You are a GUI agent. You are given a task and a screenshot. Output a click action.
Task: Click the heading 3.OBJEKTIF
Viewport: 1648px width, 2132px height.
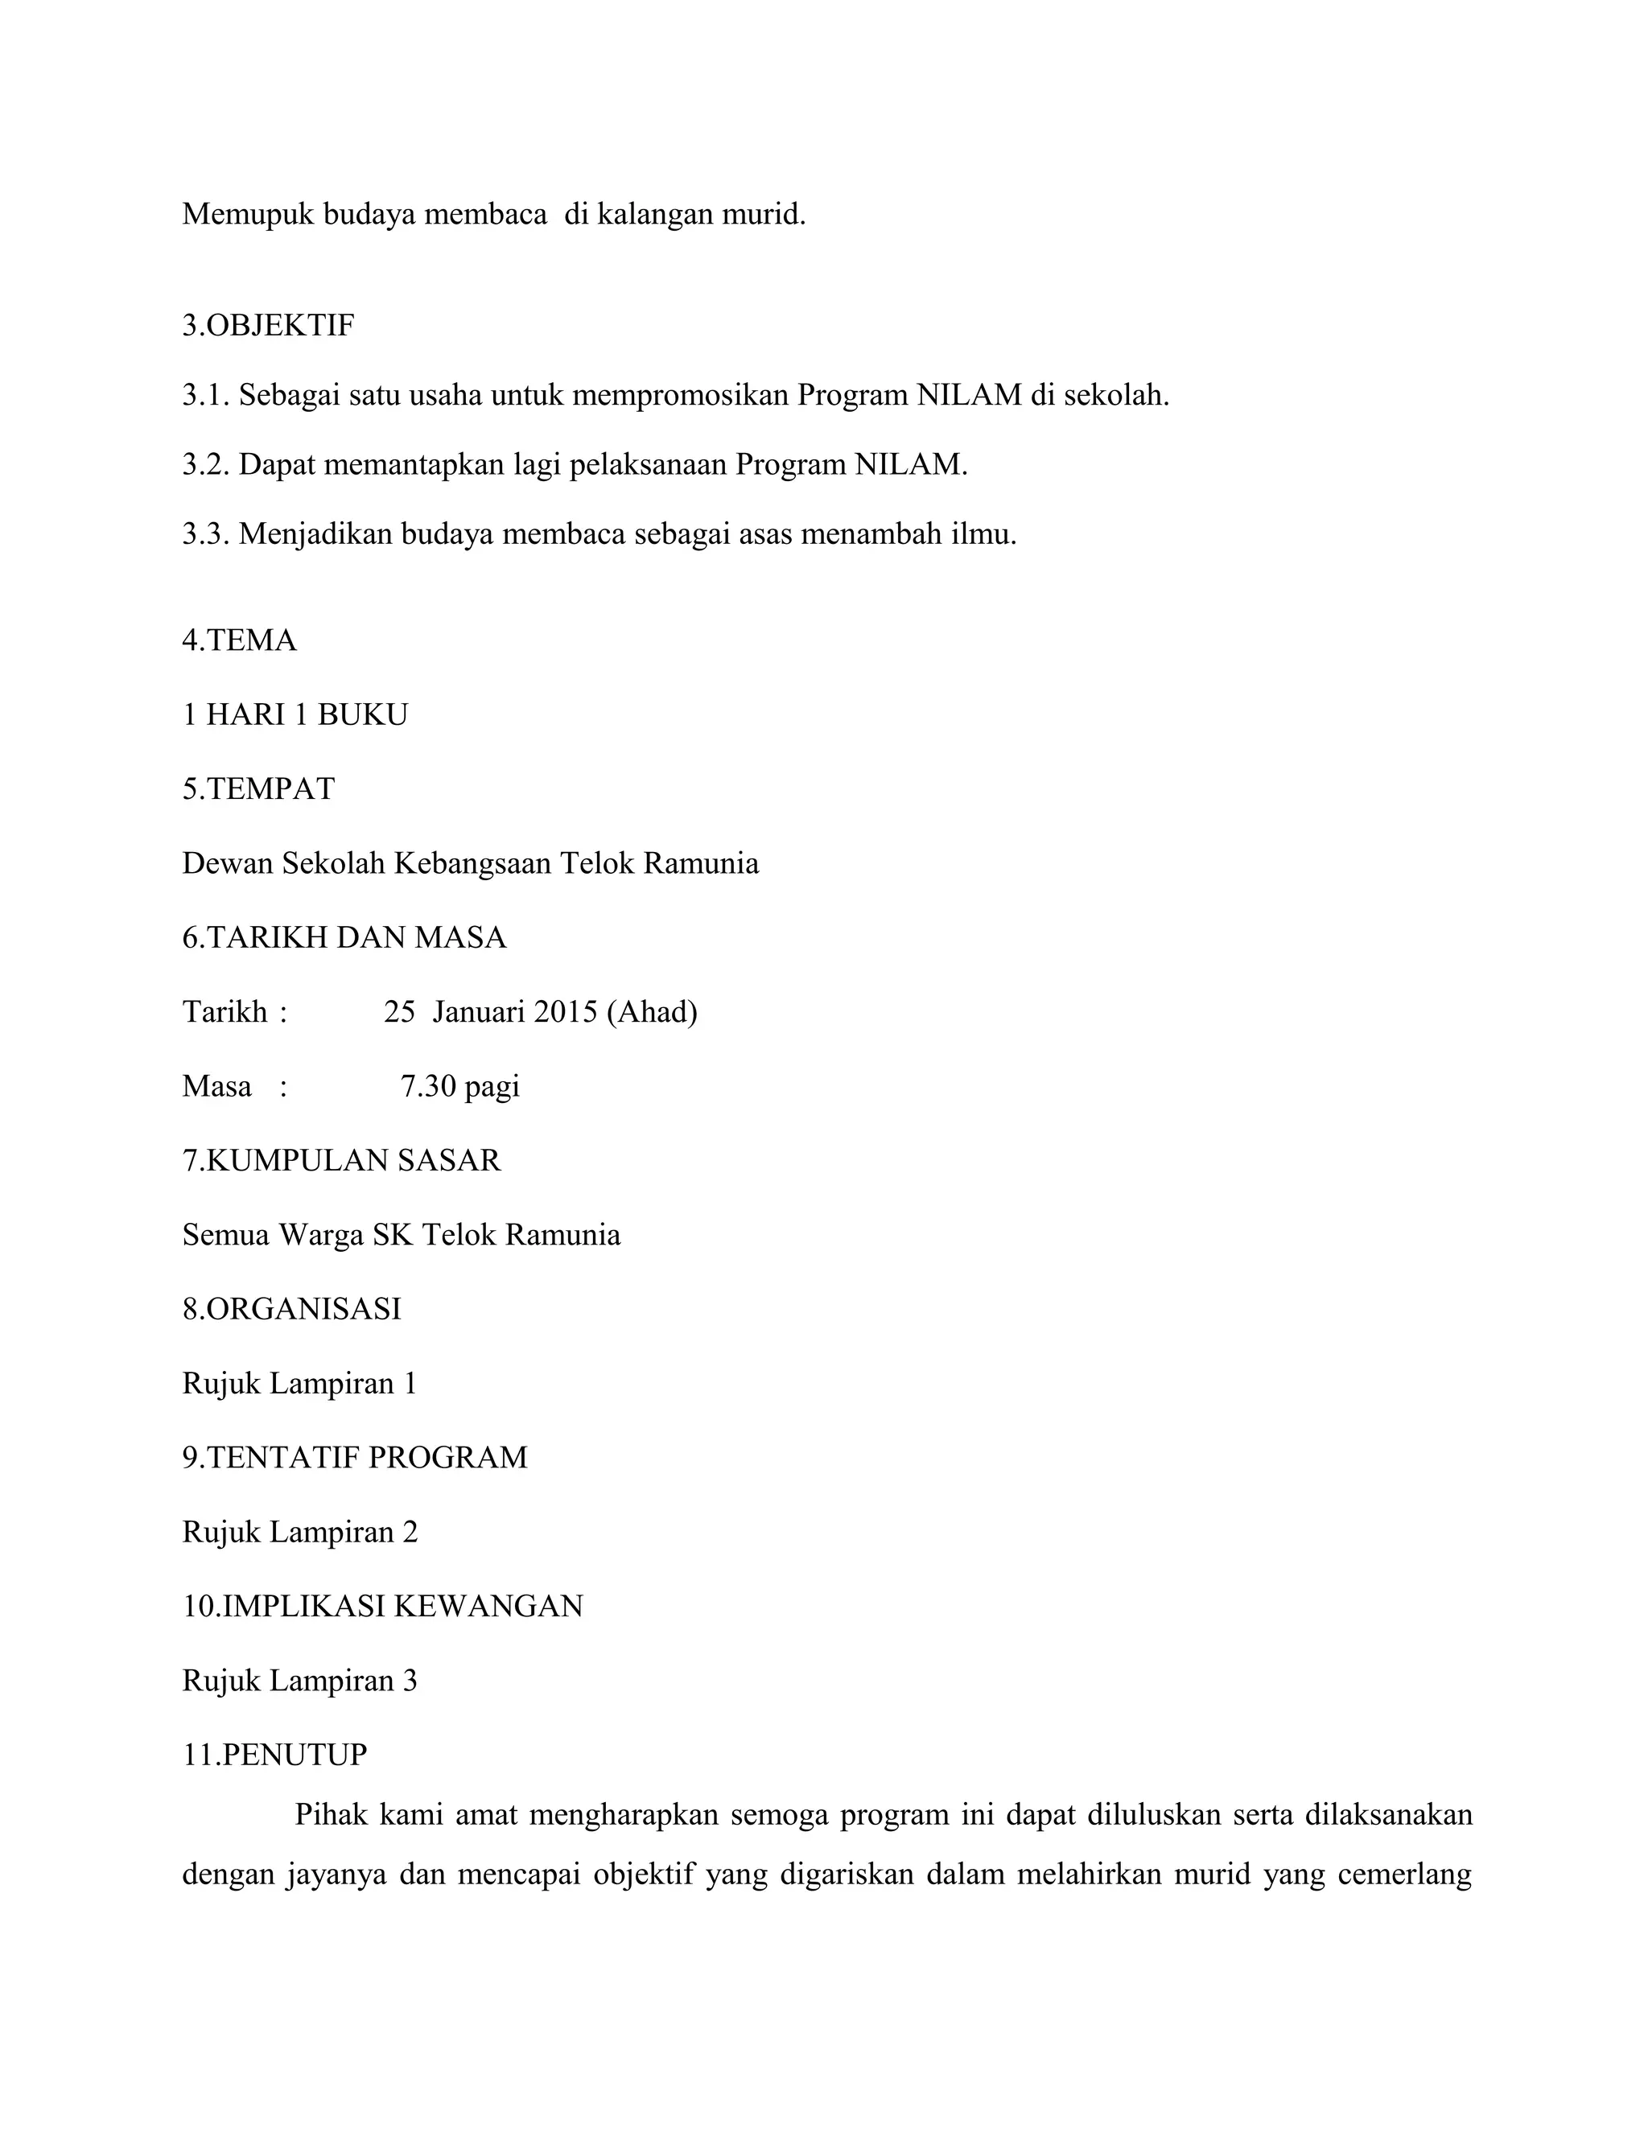click(269, 325)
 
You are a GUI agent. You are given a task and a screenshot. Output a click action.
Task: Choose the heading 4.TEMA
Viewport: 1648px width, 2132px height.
click(239, 640)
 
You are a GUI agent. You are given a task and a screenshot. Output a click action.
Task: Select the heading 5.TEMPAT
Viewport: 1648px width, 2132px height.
click(259, 788)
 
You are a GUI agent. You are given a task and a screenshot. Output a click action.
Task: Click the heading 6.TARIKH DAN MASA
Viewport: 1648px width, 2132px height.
click(344, 937)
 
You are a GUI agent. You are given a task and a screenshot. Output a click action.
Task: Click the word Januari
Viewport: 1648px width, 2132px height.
click(479, 1011)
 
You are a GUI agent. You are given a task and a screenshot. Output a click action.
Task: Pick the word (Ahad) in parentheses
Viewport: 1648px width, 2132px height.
click(651, 1011)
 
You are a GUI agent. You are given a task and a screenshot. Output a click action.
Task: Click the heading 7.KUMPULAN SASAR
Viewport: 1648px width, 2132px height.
click(342, 1159)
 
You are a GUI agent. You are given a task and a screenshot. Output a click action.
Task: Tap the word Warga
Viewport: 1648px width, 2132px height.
click(321, 1235)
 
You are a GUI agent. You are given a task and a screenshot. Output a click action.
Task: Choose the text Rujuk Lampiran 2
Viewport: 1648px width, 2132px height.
click(299, 1532)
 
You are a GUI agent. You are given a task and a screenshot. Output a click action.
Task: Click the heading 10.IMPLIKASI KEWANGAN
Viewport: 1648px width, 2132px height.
click(383, 1606)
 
